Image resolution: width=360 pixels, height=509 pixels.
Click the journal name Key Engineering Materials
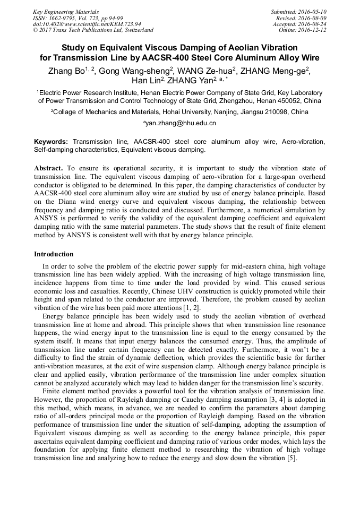66,12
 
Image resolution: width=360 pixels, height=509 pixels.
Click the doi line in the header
87,24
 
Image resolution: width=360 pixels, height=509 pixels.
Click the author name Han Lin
147,81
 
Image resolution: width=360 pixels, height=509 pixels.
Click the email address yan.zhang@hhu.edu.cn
179,123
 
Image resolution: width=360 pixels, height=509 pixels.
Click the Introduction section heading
54,254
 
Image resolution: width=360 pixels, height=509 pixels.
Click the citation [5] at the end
292,458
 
